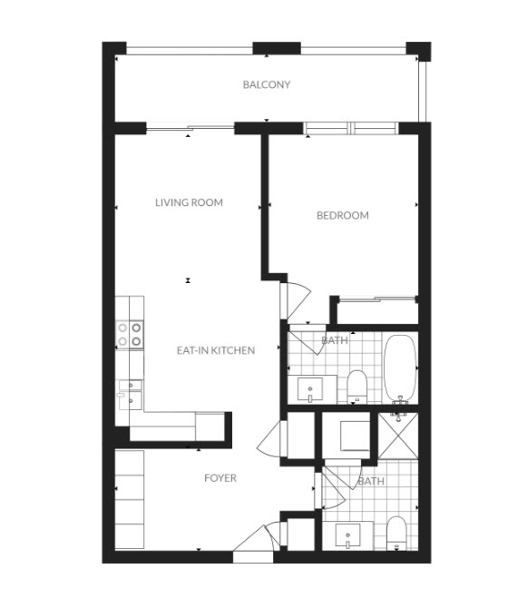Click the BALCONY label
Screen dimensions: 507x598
click(267, 84)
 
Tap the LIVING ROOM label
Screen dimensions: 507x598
click(189, 202)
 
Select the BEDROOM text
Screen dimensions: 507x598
click(343, 215)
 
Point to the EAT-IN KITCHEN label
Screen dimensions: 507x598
click(216, 350)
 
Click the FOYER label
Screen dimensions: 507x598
click(220, 478)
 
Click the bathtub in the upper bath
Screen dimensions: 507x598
click(400, 368)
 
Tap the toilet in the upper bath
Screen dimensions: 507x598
click(356, 387)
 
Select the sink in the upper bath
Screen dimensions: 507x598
click(310, 389)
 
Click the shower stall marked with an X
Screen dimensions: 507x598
click(398, 436)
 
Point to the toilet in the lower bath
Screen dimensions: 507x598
click(396, 534)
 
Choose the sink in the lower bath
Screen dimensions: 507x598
click(347, 535)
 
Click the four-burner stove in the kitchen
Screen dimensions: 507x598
click(130, 335)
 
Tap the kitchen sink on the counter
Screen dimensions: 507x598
click(131, 395)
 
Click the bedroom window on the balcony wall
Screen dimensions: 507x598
click(351, 128)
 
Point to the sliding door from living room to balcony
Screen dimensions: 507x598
click(190, 128)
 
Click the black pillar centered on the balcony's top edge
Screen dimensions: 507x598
click(278, 48)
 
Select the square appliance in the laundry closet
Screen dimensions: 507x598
click(355, 436)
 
